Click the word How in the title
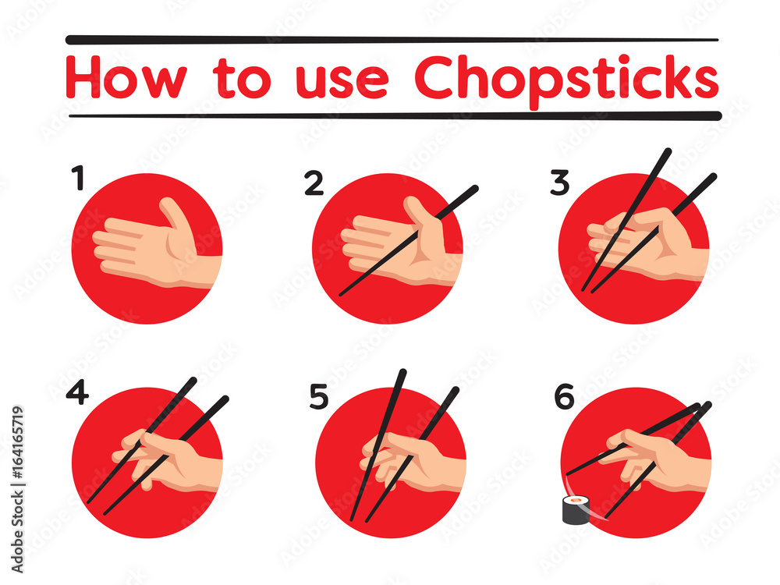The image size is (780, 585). (x=126, y=77)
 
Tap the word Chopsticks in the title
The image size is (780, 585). (x=566, y=80)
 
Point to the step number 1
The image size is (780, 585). (x=78, y=178)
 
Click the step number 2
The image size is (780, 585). (x=314, y=183)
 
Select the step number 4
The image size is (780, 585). (x=77, y=392)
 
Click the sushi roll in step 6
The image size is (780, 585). (x=576, y=510)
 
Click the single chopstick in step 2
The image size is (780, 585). (x=409, y=241)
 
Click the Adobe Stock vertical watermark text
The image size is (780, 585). (x=17, y=490)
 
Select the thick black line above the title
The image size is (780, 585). (x=392, y=39)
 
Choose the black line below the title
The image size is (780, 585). (x=395, y=116)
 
